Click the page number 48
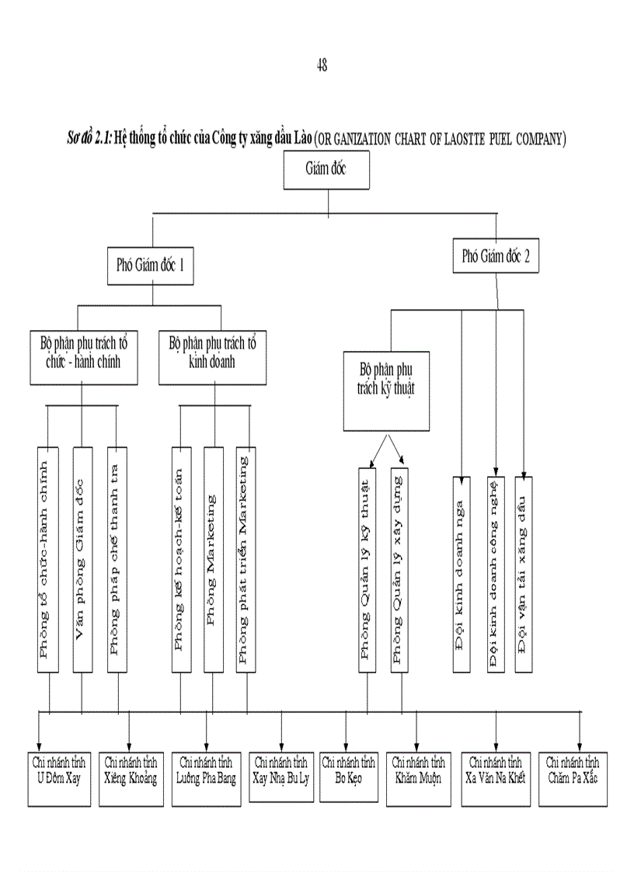pyautogui.click(x=322, y=66)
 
